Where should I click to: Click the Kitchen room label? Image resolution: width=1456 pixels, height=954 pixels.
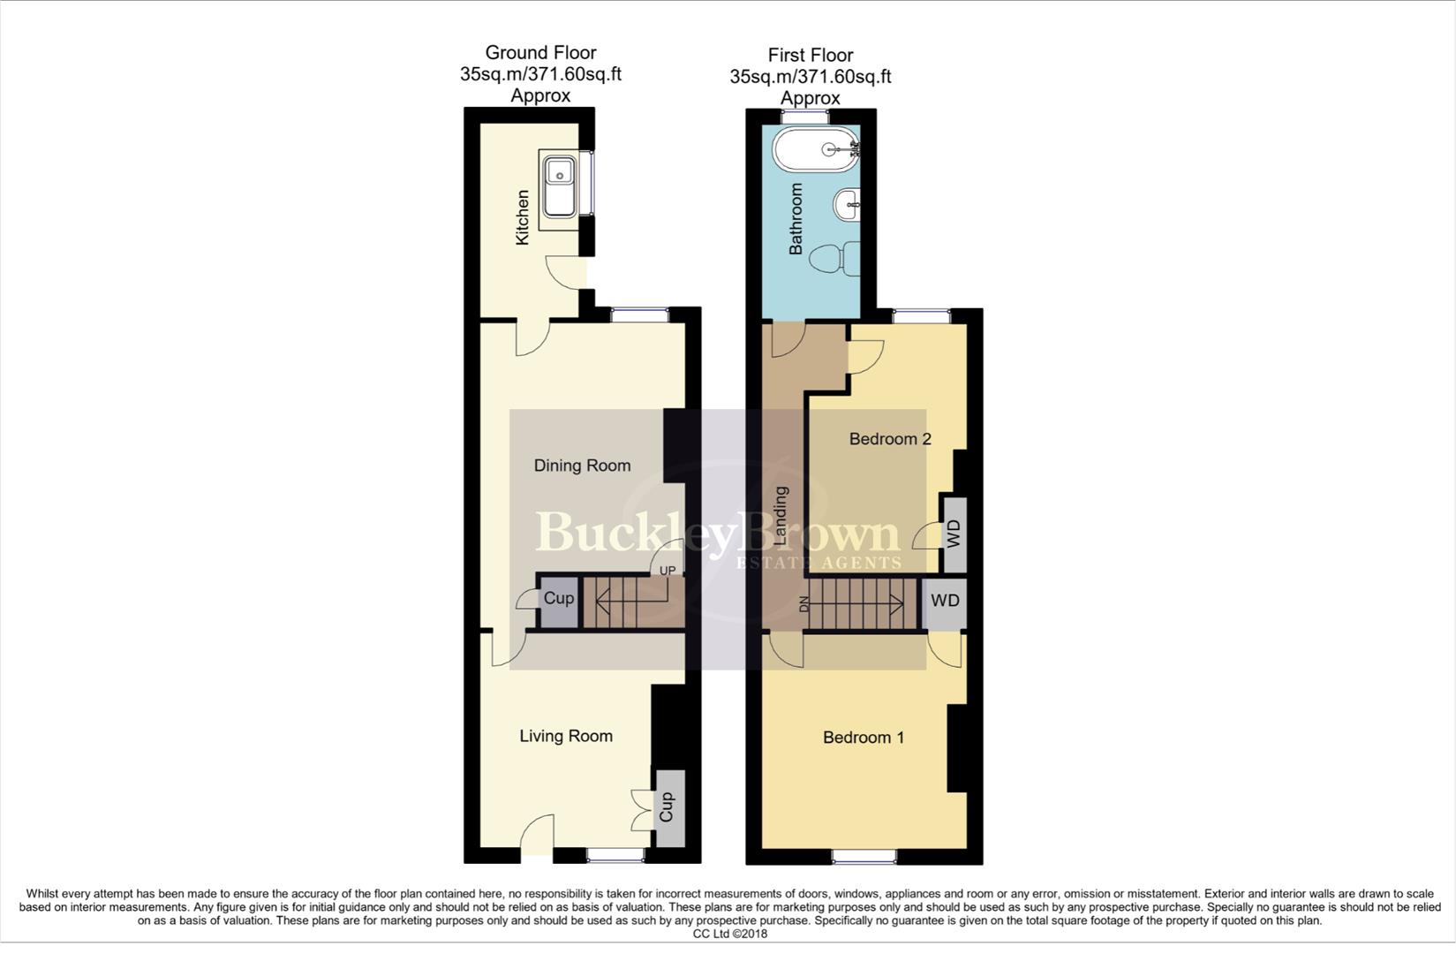(x=522, y=217)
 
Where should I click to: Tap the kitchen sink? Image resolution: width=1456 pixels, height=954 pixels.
(x=559, y=187)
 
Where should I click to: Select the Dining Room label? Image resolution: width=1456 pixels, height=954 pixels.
(x=582, y=466)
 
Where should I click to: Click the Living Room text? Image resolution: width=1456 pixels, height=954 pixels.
(x=566, y=736)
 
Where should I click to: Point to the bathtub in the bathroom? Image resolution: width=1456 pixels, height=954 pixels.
(x=815, y=149)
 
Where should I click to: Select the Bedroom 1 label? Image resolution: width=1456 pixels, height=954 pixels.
(x=863, y=738)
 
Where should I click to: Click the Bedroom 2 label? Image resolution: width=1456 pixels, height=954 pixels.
(x=890, y=439)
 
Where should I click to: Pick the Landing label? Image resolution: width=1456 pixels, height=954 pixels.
(x=781, y=514)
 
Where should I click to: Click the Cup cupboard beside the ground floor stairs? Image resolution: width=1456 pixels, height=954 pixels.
(x=559, y=599)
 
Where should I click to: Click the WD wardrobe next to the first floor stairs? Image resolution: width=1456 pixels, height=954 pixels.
(x=945, y=601)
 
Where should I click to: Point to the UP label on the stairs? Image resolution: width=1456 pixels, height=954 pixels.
(x=668, y=571)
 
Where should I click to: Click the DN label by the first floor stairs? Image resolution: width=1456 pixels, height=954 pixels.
(x=803, y=604)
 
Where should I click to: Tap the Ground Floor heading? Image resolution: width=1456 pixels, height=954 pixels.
(x=540, y=53)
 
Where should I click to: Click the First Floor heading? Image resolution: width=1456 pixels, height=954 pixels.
(x=811, y=55)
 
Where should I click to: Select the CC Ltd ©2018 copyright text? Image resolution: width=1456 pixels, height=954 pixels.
(x=729, y=934)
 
